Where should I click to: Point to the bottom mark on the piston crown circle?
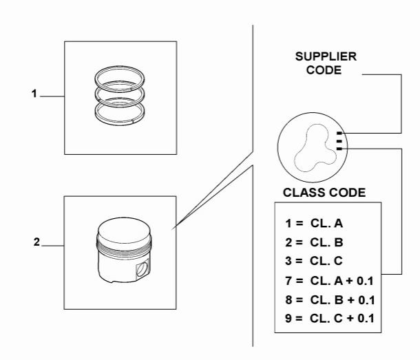click(x=340, y=147)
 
